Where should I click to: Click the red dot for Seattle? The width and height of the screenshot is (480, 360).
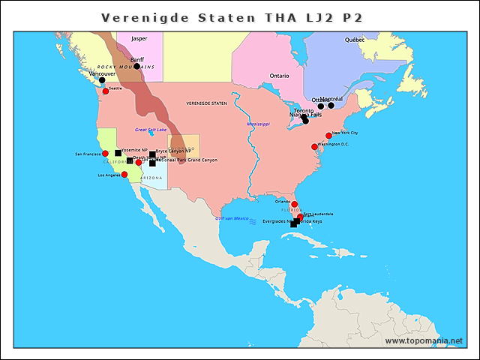click(x=106, y=91)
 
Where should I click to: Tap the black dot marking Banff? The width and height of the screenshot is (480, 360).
click(x=136, y=66)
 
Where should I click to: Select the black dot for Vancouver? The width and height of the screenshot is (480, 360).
click(x=102, y=80)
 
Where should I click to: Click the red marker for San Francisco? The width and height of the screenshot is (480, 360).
click(x=106, y=153)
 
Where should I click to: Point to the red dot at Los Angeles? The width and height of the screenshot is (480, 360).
click(x=124, y=175)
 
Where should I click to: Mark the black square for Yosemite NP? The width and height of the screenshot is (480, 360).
click(x=118, y=152)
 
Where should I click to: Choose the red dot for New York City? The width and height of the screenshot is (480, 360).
click(x=328, y=136)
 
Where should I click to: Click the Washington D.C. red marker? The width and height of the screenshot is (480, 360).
click(x=314, y=147)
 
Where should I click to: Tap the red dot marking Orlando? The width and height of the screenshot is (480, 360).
click(x=294, y=204)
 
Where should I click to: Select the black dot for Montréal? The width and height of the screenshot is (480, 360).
click(x=331, y=106)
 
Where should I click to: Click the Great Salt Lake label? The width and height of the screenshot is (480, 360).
click(x=151, y=130)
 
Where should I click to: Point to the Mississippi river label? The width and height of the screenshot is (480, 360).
click(x=258, y=123)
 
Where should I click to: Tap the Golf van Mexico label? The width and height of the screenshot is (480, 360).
click(x=232, y=218)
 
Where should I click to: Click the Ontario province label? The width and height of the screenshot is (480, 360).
click(x=279, y=76)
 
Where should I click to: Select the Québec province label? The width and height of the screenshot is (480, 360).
click(x=355, y=39)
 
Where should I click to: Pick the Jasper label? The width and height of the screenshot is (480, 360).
click(x=139, y=37)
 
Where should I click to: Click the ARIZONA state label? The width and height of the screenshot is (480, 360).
click(x=151, y=178)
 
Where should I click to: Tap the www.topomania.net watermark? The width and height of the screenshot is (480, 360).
click(x=424, y=340)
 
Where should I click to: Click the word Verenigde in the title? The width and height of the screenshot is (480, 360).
click(x=139, y=17)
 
